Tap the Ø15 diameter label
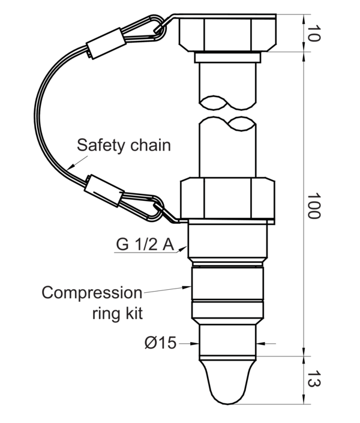click(x=160, y=343)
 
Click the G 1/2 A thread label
click(x=145, y=245)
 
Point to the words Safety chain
click(x=124, y=145)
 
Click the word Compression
click(x=92, y=293)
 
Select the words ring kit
click(x=118, y=313)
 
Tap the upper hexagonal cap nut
click(x=228, y=33)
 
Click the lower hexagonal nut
click(x=227, y=198)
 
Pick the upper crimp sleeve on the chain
click(x=106, y=43)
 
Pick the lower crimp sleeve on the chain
click(x=104, y=190)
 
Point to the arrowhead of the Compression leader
click(x=187, y=287)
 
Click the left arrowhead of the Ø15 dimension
click(x=195, y=344)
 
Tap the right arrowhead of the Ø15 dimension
click(x=260, y=344)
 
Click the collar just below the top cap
click(x=227, y=58)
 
